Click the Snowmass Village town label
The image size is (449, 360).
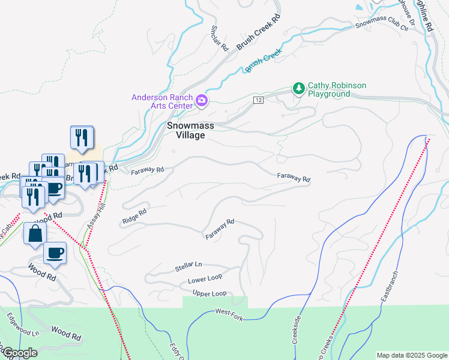click(185, 130)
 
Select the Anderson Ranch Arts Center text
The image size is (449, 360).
click(162, 101)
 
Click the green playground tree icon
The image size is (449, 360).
click(298, 89)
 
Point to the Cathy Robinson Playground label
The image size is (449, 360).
click(337, 90)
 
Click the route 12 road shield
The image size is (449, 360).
click(258, 99)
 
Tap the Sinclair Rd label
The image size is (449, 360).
click(219, 38)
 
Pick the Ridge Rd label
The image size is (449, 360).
click(134, 217)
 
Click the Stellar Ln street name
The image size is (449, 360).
click(188, 265)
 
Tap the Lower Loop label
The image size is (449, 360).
click(205, 280)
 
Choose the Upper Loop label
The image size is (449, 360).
click(209, 293)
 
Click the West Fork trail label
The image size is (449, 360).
click(229, 314)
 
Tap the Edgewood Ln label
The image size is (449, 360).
click(23, 325)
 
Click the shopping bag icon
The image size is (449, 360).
click(35, 233)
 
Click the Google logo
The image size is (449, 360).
click(19, 353)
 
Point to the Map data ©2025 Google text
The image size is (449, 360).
click(411, 355)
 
